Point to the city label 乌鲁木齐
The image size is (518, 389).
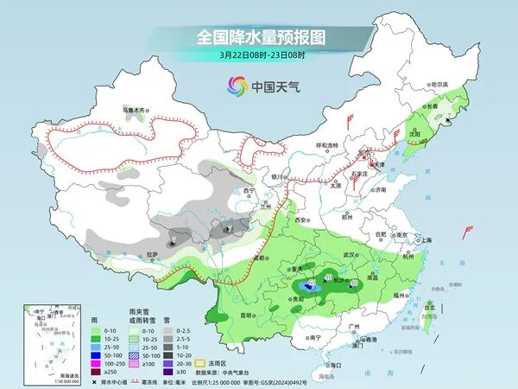point(136,111)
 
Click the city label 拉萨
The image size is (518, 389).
point(152,254)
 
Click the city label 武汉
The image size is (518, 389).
point(349,255)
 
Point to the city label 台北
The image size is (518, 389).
point(429,305)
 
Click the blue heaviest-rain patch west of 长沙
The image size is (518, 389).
point(303,284)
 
